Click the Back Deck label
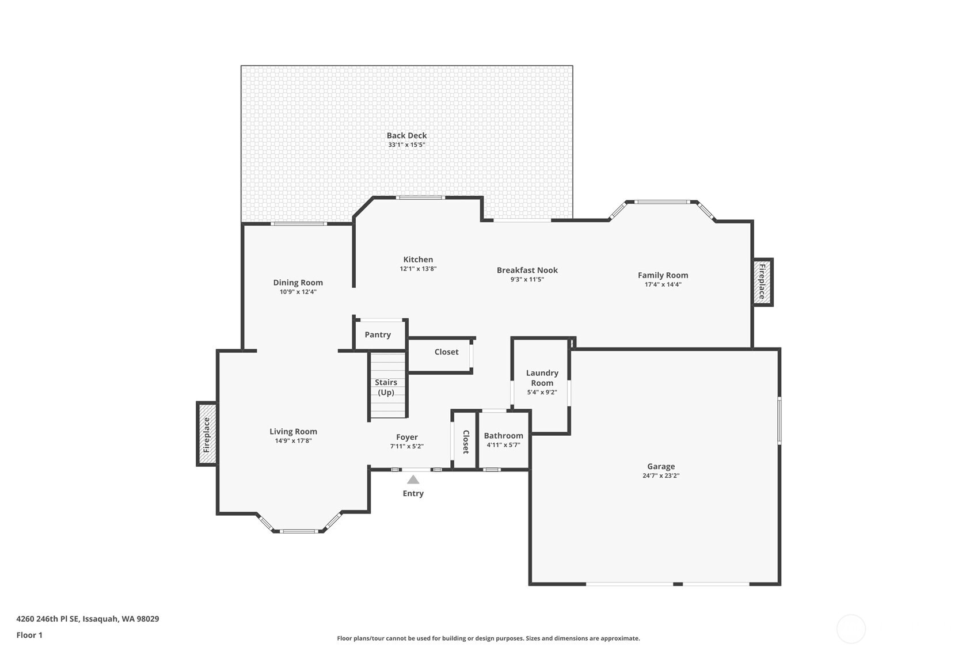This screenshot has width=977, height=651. point(406,136)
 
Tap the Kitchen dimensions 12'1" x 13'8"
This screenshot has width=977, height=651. point(418,269)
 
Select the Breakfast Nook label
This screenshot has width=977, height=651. point(527,271)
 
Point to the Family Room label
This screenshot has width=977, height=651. point(663,276)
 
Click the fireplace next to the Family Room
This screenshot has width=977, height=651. point(762,281)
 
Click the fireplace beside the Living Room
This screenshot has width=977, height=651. point(207,434)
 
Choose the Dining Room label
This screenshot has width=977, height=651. point(298,283)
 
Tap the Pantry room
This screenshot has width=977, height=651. point(378,335)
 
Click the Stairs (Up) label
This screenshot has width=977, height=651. point(386,387)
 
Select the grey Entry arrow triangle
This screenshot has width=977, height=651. point(413,479)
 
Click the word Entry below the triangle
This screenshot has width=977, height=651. point(413,494)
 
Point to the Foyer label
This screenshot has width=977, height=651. point(406,437)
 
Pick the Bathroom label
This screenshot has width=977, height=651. point(503,436)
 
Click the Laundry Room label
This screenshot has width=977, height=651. point(542,378)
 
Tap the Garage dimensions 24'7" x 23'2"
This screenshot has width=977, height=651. point(660,476)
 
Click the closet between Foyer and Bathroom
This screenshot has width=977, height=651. point(465,441)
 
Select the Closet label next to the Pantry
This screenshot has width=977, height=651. point(446,352)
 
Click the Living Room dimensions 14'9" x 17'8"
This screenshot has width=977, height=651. point(293,441)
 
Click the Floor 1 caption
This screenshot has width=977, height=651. point(29,635)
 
